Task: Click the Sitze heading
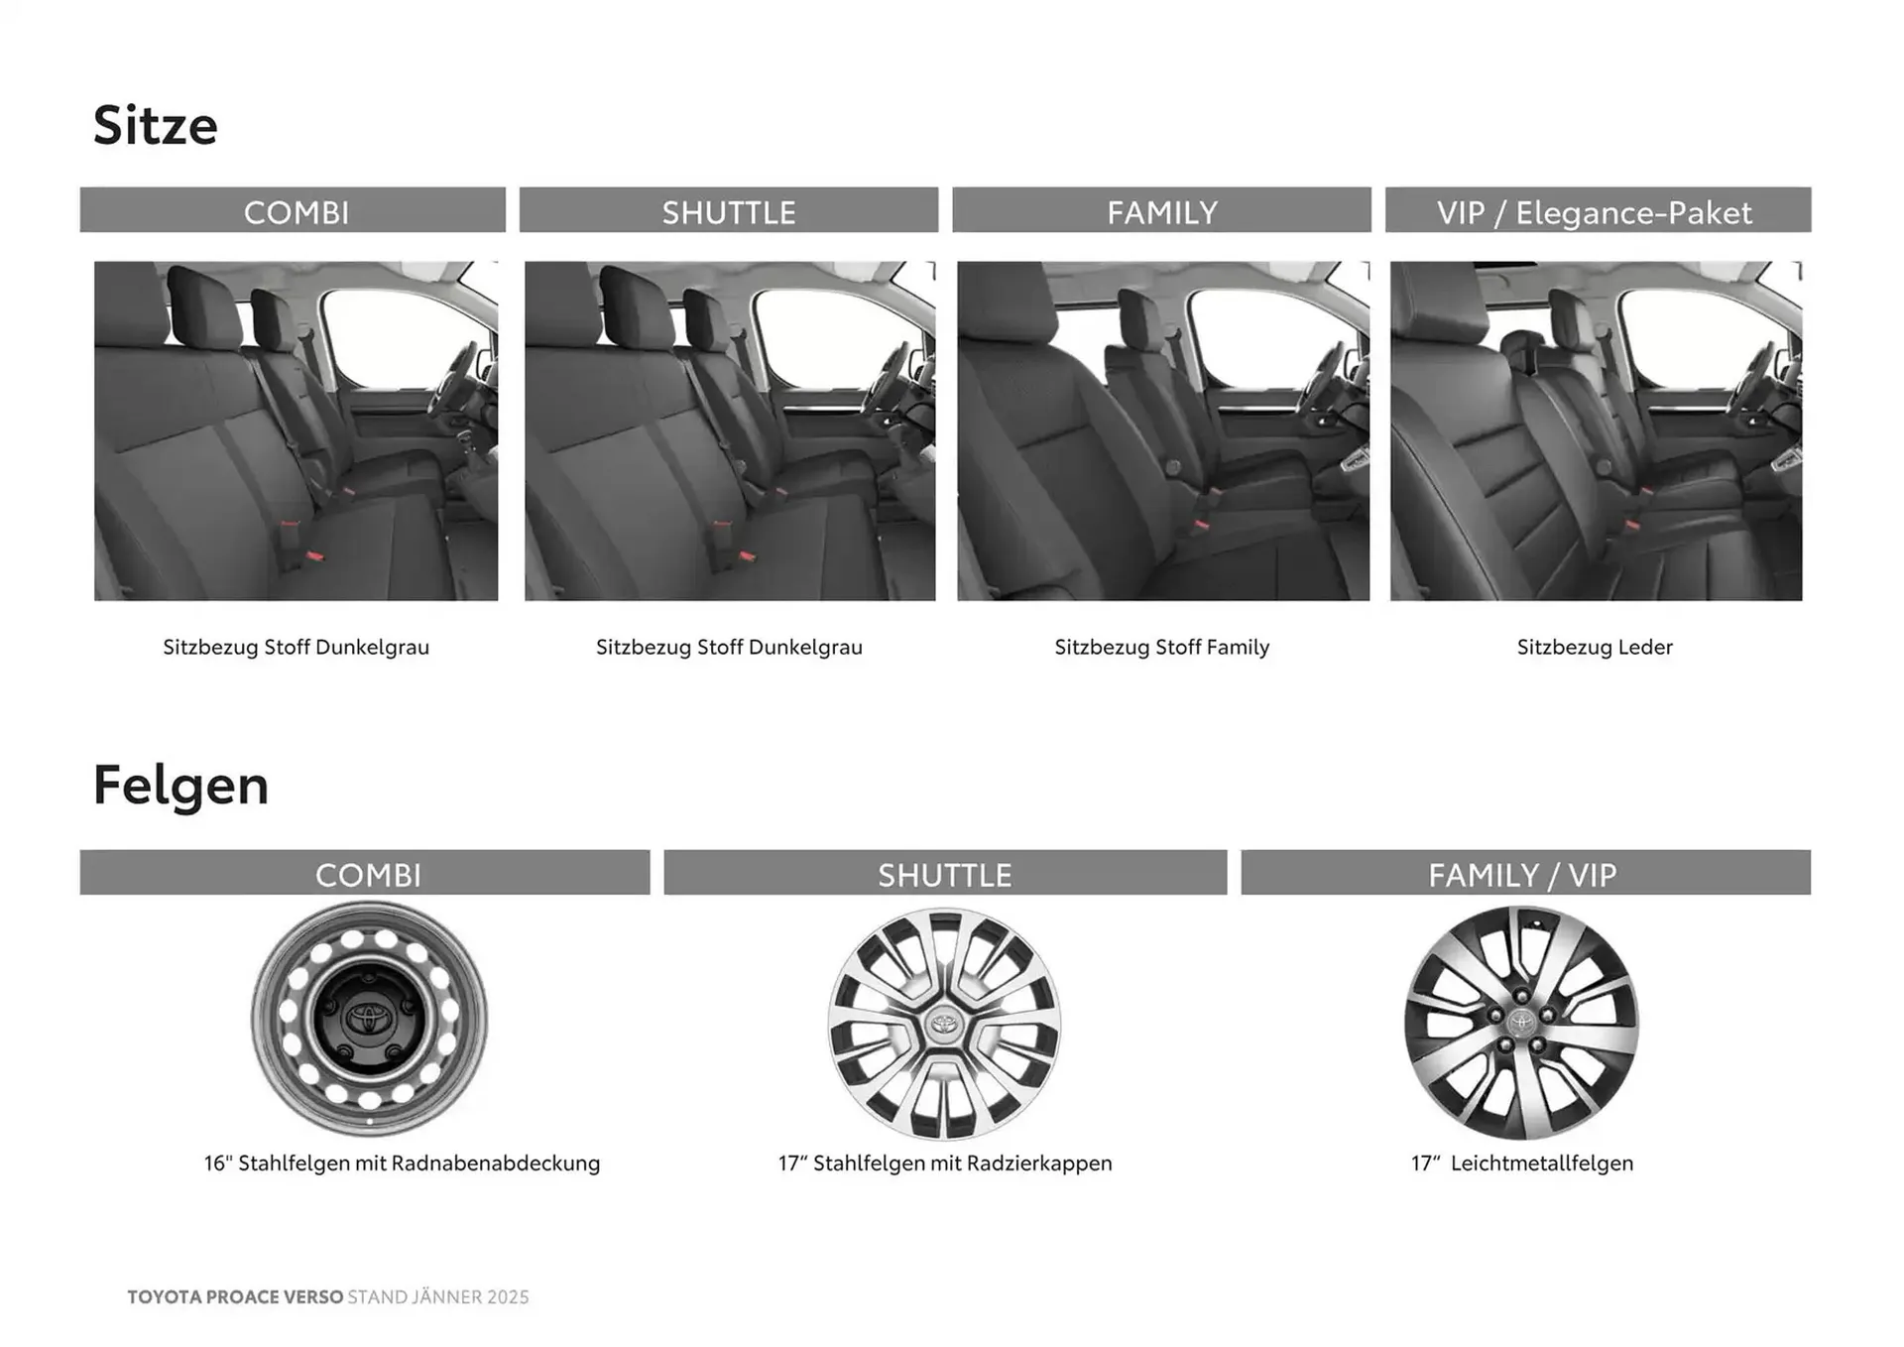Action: (x=156, y=126)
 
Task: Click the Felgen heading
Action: (x=180, y=786)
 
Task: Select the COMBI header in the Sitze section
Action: (x=296, y=211)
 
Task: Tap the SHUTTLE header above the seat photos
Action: (x=729, y=211)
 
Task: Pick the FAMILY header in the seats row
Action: (x=1161, y=211)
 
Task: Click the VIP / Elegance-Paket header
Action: (x=1595, y=211)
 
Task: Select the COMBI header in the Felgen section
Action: (x=367, y=874)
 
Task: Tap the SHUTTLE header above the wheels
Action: (x=944, y=874)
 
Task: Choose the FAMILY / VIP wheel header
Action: (x=1522, y=874)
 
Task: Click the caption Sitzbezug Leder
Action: (x=1594, y=647)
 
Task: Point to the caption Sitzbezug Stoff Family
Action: (x=1161, y=647)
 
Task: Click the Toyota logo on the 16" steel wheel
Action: (x=369, y=1019)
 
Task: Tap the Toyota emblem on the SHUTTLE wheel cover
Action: (x=943, y=1023)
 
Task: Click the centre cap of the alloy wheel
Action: (x=1520, y=1022)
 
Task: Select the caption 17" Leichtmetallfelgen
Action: (x=1522, y=1163)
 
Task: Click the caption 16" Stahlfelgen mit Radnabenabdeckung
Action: (x=402, y=1163)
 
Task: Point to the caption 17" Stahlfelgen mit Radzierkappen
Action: (x=944, y=1163)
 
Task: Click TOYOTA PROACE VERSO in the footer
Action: (x=235, y=1296)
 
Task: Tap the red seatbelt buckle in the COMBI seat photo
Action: (x=313, y=555)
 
